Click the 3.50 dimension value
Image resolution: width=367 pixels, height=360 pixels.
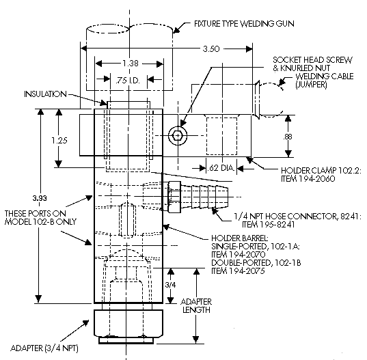tap(211, 49)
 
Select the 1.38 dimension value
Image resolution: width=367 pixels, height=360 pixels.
tap(131, 64)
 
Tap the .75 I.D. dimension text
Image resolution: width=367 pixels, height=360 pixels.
tap(128, 81)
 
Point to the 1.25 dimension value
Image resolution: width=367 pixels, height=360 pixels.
tap(59, 140)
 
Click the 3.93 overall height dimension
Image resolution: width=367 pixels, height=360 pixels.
tap(40, 198)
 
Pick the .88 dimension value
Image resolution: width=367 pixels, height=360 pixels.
tap(288, 137)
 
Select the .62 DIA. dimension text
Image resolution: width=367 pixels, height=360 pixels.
tap(221, 168)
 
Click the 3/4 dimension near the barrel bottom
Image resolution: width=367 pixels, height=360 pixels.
tap(170, 285)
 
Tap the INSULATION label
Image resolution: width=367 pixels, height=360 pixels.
tap(45, 94)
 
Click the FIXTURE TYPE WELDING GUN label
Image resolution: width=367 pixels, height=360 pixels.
tap(244, 24)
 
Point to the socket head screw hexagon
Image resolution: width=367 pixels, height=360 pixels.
tap(178, 135)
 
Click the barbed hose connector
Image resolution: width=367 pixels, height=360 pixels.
tap(198, 197)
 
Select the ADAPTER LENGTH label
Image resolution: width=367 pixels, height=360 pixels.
tap(196, 306)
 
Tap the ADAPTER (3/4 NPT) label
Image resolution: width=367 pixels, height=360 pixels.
tap(44, 348)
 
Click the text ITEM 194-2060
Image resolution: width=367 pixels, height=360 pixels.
tap(308, 179)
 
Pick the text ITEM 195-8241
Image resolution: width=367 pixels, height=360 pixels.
tap(269, 225)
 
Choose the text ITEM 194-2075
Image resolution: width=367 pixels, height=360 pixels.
tap(238, 271)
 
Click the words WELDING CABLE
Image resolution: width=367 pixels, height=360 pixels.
tap(325, 77)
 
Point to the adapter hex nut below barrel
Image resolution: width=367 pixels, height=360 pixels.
tap(128, 324)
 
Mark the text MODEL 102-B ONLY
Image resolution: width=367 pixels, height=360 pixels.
tap(40, 221)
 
